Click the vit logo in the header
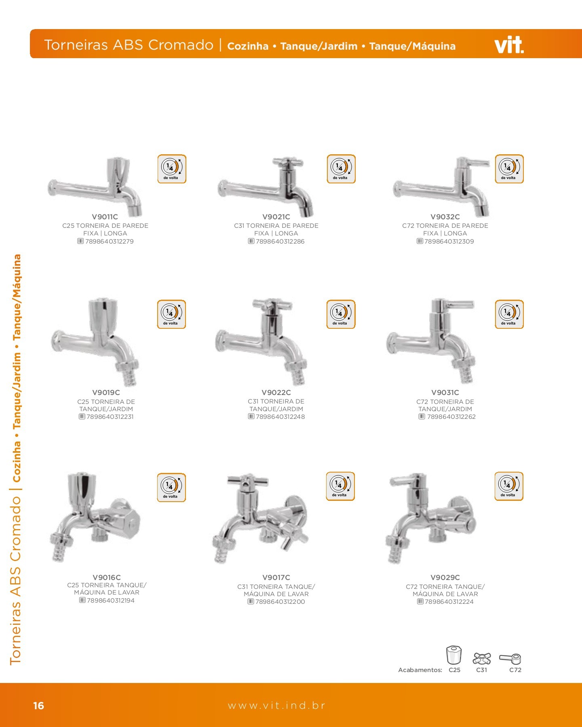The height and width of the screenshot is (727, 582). click(x=509, y=45)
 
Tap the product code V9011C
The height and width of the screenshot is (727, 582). click(x=105, y=217)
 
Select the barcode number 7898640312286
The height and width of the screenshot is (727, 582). click(x=280, y=242)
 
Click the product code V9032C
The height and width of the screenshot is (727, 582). click(x=445, y=217)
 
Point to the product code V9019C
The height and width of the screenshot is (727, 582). click(x=106, y=393)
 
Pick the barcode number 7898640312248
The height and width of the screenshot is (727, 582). click(x=280, y=417)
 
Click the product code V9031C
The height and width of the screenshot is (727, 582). click(x=445, y=393)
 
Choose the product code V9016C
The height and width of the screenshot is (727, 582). click(x=107, y=578)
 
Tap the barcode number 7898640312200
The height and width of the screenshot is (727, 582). click(x=280, y=602)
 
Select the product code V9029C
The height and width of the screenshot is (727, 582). click(x=445, y=578)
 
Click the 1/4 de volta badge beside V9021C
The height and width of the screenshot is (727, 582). click(x=341, y=169)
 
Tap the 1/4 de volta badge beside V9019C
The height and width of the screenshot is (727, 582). click(x=171, y=314)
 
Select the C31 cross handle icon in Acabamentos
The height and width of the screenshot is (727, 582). click(x=482, y=659)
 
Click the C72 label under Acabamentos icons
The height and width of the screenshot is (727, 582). click(x=515, y=670)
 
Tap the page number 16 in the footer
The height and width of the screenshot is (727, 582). click(x=38, y=706)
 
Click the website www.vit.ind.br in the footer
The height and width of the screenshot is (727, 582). click(x=276, y=706)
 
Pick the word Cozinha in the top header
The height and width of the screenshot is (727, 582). click(x=248, y=46)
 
